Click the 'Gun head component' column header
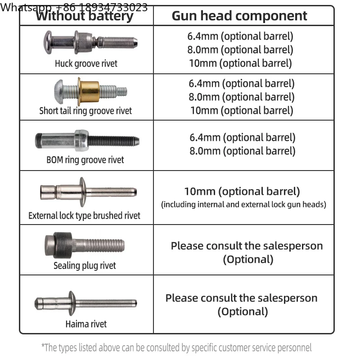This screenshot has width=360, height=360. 239,16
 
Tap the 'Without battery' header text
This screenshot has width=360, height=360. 85,17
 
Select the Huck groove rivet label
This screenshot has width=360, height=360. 86,63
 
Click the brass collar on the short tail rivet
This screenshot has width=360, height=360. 89,91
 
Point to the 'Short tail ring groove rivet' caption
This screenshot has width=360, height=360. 85,111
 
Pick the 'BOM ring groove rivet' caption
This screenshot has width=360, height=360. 85,160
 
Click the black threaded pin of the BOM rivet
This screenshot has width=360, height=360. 113,140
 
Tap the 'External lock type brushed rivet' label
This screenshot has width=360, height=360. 84,216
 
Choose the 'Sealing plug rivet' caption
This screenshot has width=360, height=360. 85,265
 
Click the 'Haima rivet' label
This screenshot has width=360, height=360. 86,324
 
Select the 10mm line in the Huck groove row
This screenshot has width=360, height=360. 240,63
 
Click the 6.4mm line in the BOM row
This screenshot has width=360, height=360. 243,137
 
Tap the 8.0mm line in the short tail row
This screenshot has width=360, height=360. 242,97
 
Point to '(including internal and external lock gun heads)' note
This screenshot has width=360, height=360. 243,204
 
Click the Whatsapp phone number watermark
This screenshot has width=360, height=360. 74,7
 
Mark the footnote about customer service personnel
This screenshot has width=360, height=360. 176,347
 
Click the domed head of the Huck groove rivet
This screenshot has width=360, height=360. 48,42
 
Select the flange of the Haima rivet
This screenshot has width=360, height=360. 72,303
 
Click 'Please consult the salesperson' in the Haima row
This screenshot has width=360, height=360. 242,298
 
